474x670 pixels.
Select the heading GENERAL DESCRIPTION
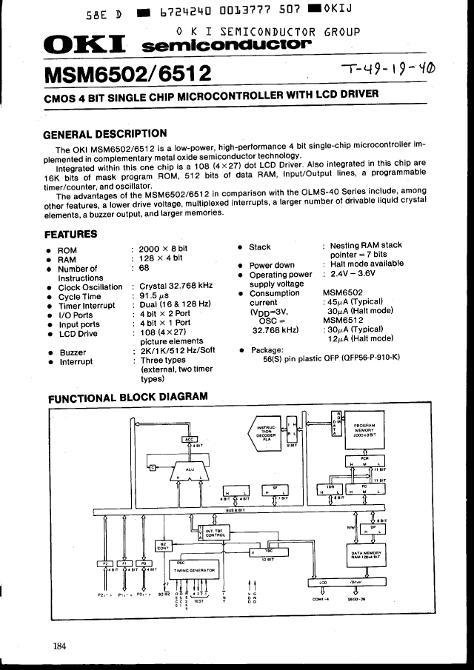[105, 134]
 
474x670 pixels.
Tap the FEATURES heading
[70, 234]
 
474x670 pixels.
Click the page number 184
[60, 646]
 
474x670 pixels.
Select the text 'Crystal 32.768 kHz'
[176, 287]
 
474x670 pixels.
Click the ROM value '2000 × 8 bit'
[164, 249]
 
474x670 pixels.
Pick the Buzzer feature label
[73, 352]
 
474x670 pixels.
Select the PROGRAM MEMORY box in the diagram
[364, 431]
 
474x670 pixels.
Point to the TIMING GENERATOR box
[194, 570]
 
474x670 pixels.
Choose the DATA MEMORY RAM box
[366, 555]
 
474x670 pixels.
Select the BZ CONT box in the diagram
[162, 546]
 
